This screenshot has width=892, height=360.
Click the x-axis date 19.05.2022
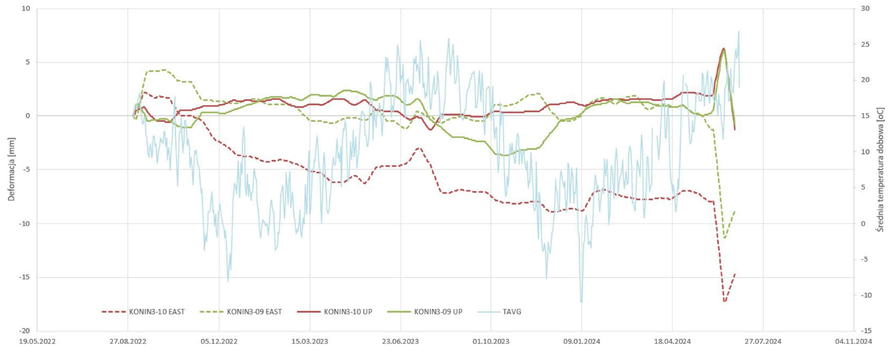[37, 342]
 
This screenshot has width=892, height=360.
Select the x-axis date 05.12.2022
[218, 342]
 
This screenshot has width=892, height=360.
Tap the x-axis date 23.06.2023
[399, 342]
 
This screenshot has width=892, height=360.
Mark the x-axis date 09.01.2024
[581, 342]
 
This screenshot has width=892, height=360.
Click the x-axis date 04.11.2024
[854, 342]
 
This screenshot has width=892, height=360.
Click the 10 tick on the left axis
[27, 9]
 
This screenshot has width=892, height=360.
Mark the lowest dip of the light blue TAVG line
[581, 302]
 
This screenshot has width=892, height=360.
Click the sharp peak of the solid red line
[724, 49]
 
